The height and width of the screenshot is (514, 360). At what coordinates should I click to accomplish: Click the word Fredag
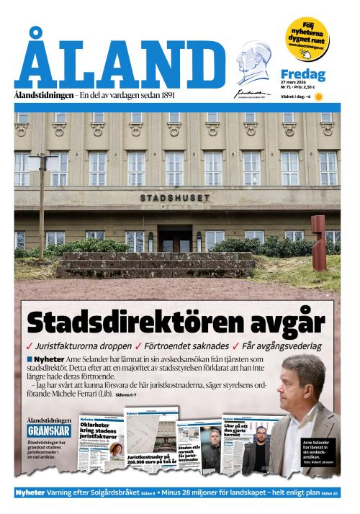302,74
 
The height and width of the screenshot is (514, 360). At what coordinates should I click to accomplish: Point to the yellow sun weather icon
319,96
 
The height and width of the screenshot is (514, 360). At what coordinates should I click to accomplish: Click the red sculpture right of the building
318,233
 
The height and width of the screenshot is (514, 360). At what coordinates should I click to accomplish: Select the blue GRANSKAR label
48,430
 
